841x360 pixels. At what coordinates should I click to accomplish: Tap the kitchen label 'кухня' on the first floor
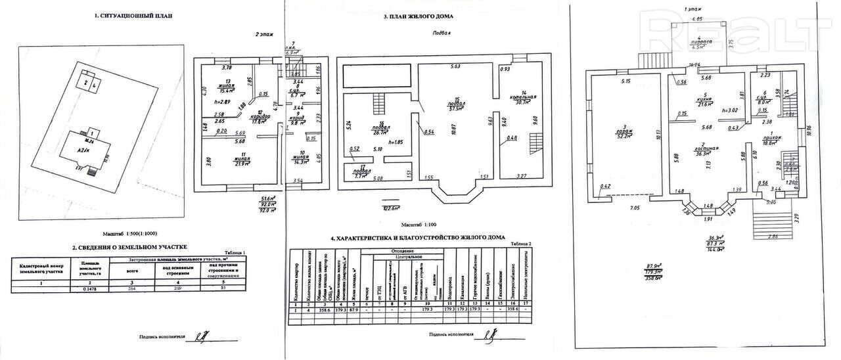click(x=706, y=102)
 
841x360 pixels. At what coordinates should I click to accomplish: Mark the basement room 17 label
click(x=359, y=170)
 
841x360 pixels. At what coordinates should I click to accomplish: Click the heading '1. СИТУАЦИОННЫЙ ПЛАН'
click(x=133, y=15)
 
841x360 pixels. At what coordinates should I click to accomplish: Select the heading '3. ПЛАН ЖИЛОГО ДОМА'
click(x=419, y=16)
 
